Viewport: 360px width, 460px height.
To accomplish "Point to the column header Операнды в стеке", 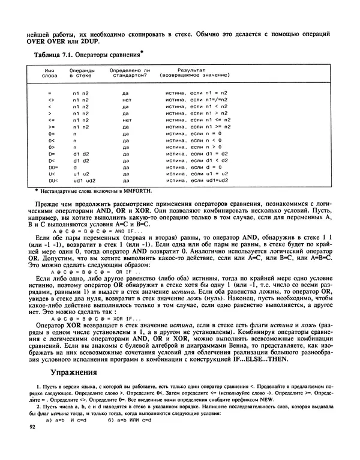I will coord(81,73).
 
